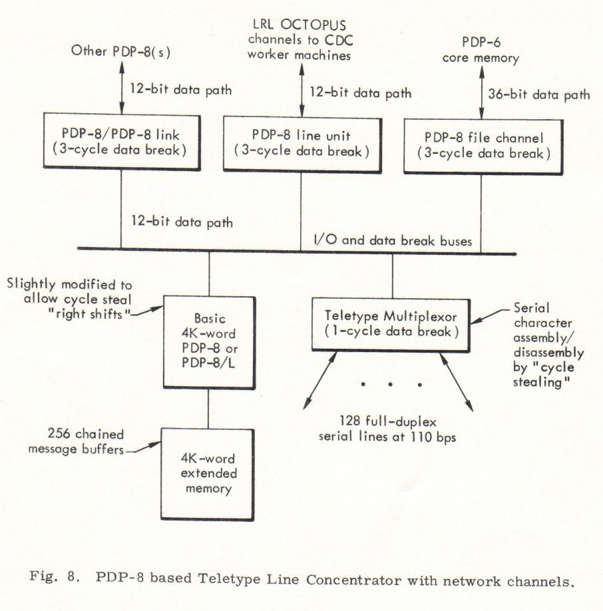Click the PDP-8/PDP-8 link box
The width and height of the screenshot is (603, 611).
tap(122, 142)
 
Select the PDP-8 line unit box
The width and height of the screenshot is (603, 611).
tap(302, 144)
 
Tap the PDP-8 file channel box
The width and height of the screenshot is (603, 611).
tap(483, 146)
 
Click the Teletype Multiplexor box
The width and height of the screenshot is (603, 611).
tap(391, 325)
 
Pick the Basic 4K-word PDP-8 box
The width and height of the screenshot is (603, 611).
tap(209, 342)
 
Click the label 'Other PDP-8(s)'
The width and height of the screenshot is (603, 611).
tap(120, 51)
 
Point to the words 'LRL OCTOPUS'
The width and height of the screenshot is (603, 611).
tap(299, 25)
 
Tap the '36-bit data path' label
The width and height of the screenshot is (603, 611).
tap(539, 95)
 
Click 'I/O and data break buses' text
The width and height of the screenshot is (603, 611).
tap(393, 240)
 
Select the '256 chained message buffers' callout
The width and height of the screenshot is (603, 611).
tap(77, 441)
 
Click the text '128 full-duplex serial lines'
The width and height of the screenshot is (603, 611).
tap(387, 429)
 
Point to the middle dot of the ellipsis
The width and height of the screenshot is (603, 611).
tap(390, 384)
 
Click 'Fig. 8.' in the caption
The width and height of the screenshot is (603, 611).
tap(55, 576)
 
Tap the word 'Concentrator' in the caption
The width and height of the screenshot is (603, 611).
tap(353, 580)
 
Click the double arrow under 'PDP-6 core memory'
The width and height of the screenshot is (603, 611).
tap(481, 92)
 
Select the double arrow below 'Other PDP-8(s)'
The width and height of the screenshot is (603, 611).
tap(122, 87)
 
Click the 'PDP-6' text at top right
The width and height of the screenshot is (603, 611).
tap(481, 42)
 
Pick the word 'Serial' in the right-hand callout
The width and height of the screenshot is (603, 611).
tap(531, 308)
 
